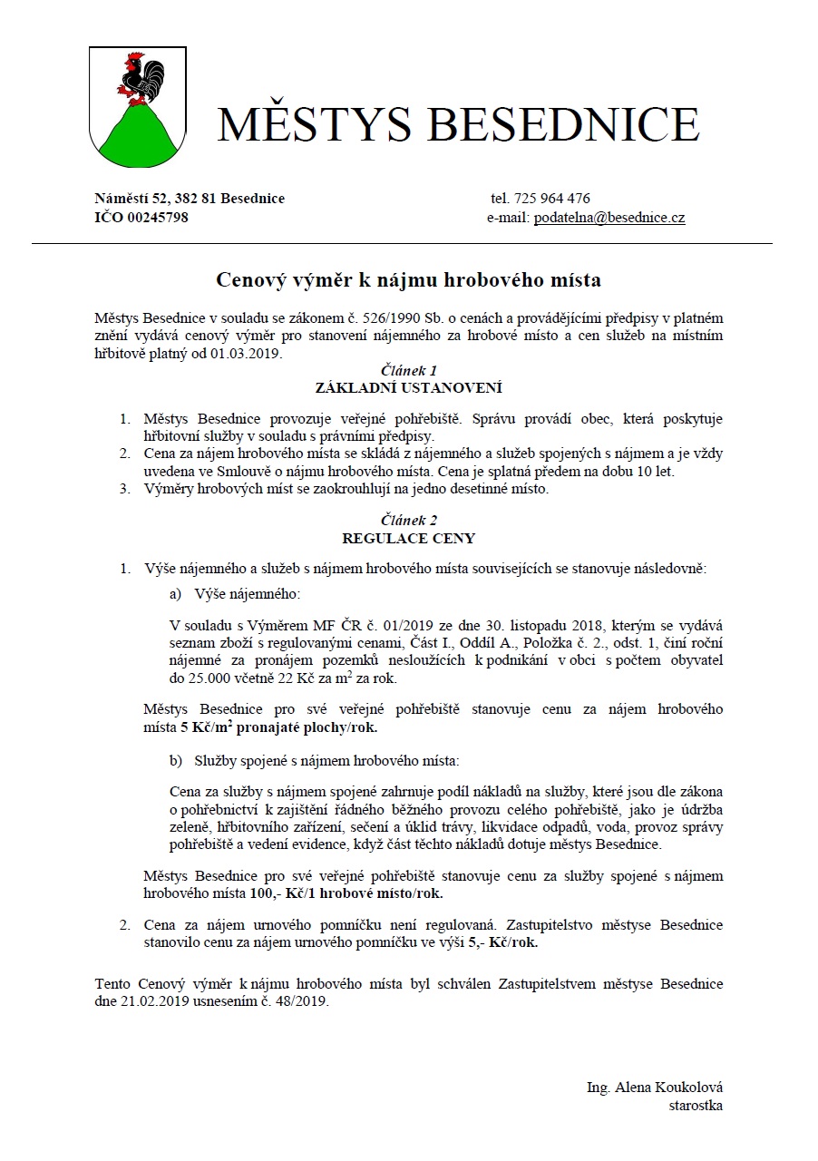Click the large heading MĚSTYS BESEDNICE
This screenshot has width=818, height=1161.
click(458, 124)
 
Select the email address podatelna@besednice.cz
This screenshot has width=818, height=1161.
click(609, 218)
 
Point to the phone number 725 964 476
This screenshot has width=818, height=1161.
click(552, 199)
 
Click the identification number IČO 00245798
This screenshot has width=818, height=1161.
click(141, 218)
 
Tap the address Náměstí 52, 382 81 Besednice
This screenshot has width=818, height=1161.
click(190, 199)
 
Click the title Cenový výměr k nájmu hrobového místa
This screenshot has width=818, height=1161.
click(408, 279)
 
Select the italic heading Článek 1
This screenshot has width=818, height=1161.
click(408, 370)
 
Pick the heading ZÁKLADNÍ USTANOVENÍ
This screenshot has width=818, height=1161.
click(408, 387)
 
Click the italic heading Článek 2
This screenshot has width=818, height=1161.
click(408, 520)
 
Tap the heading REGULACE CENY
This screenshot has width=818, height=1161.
click(408, 537)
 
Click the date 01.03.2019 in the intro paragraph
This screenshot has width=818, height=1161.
click(250, 353)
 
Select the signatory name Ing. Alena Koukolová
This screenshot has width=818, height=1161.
click(655, 1088)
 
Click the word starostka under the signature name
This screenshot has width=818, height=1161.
click(696, 1105)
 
